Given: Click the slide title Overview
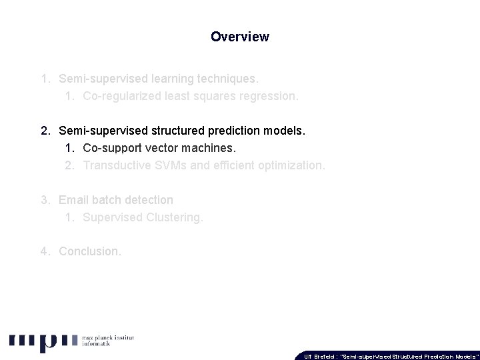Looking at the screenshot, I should click(239, 37).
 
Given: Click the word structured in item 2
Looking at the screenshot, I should click(191, 131).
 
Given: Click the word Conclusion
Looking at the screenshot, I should click(90, 251).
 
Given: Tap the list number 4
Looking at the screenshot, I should click(44, 251).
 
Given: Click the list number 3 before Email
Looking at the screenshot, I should click(44, 200).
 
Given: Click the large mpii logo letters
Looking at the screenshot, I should click(43, 341).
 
